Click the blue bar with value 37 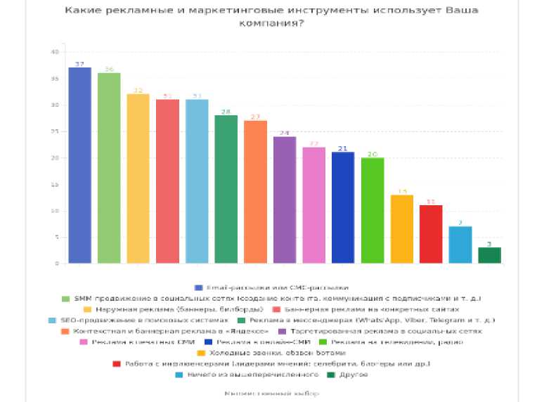79,165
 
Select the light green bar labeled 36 109,168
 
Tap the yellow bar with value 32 138,179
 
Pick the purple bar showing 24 284,200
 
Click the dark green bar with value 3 489,255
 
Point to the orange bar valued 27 255,192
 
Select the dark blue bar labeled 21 343,207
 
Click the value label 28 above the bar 226,111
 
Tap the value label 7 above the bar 460,222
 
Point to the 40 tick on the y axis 55,52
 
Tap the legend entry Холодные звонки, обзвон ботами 276,352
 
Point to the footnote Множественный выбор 272,394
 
